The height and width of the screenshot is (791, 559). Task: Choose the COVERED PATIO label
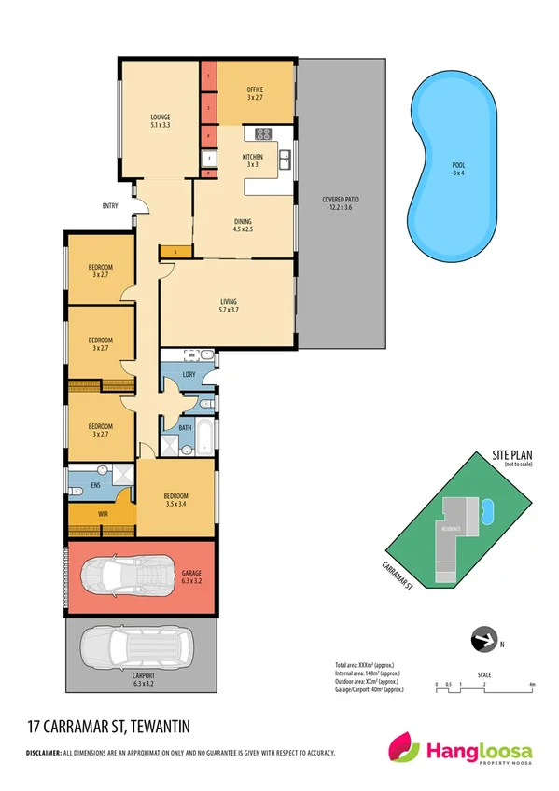341,203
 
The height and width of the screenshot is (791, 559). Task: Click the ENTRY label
111,206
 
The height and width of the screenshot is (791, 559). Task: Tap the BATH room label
185,428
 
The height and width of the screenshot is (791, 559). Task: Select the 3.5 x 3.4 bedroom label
175,500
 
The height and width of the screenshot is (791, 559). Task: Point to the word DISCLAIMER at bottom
43,753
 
